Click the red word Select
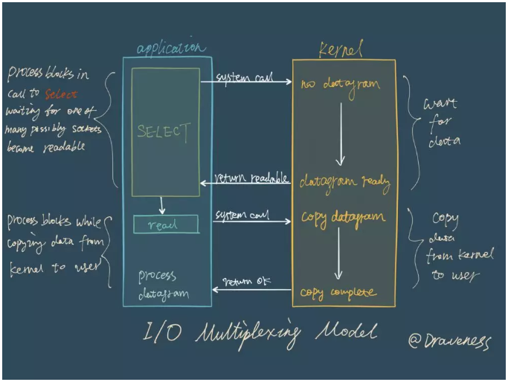tap(60, 94)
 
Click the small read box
tap(166, 224)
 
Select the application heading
tap(170, 48)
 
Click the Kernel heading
tap(341, 51)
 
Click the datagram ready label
tap(344, 181)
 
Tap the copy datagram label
tap(343, 217)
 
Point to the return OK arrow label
tap(247, 281)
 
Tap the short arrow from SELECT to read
tap(162, 205)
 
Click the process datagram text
tap(163, 285)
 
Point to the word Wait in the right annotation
tap(440, 104)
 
